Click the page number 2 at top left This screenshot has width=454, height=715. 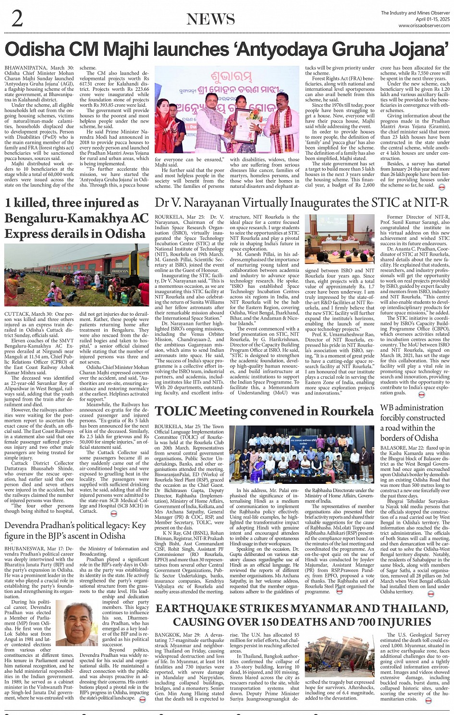click(x=17, y=19)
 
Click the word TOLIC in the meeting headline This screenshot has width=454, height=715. click(x=176, y=411)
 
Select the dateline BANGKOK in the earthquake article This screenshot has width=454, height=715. click(x=167, y=635)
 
